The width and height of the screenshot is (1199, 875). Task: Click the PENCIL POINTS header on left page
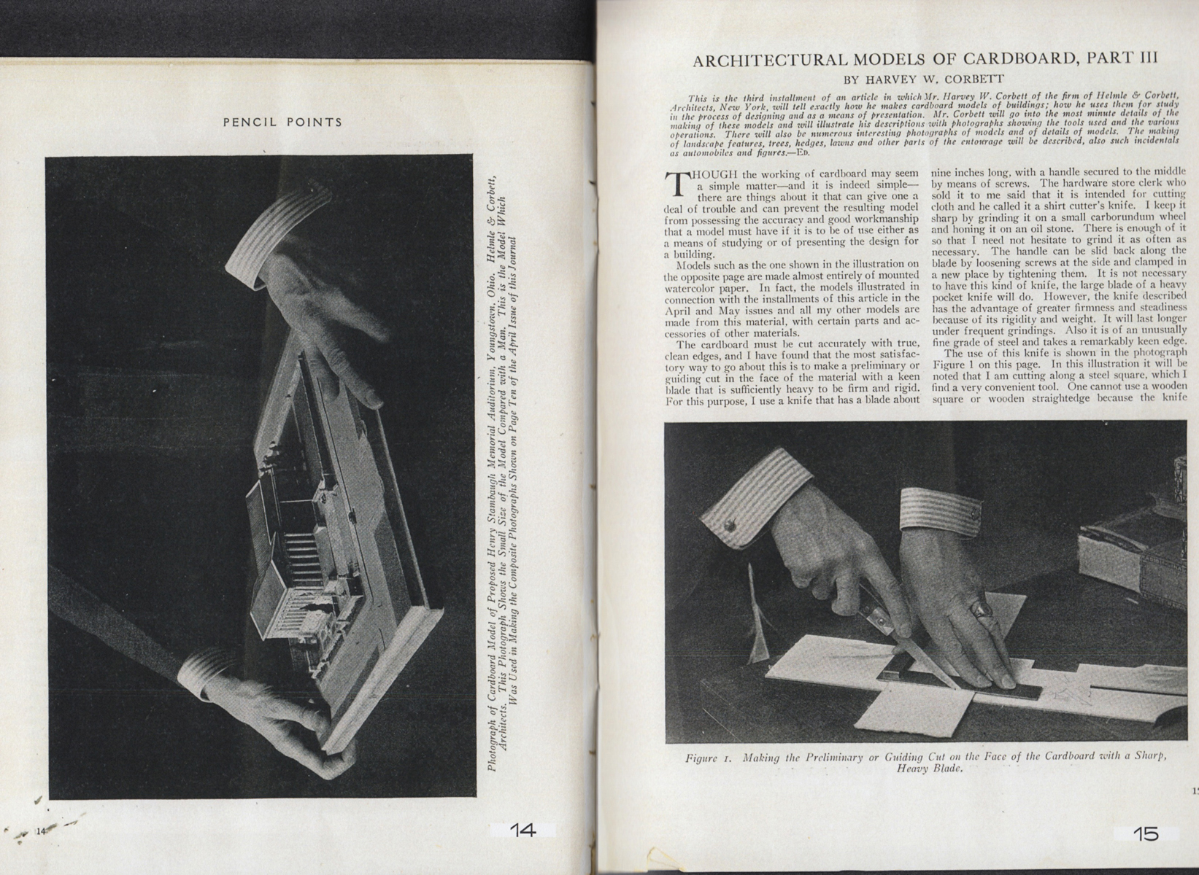pos(282,122)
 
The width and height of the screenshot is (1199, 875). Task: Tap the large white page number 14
pos(523,831)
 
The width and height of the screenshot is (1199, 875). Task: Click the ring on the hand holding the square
pos(982,608)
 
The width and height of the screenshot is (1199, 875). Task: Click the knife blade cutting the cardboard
pos(927,656)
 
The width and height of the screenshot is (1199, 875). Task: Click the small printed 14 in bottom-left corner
pos(41,831)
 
